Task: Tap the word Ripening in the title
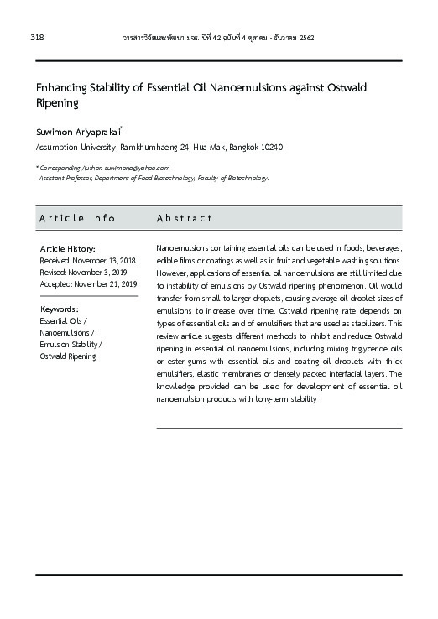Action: point(56,103)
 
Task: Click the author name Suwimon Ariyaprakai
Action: point(78,132)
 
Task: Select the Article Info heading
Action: point(77,218)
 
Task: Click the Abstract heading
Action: point(185,218)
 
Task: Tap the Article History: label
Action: point(68,249)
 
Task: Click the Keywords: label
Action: point(60,309)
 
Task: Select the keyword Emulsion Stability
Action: point(69,344)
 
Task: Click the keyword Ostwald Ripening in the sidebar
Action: point(68,356)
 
